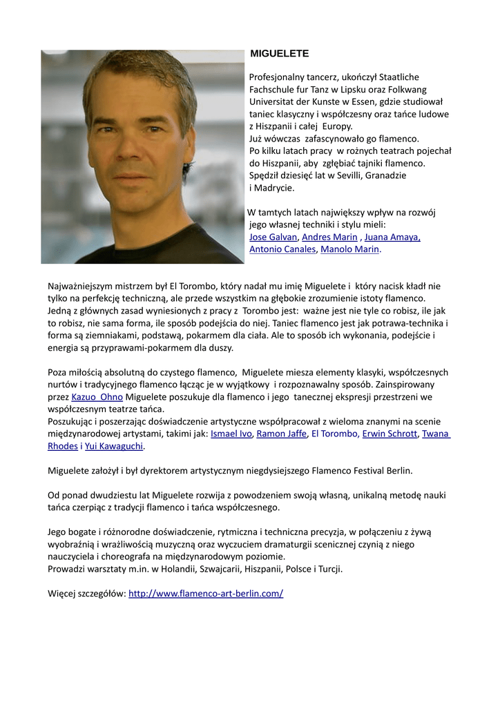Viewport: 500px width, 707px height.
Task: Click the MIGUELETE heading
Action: coord(279,53)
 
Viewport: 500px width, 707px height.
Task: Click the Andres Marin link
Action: coord(329,237)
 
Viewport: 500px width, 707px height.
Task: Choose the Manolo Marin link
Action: coord(350,249)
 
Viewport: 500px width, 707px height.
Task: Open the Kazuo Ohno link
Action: coord(97,397)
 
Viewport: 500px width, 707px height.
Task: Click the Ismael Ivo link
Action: coord(231,434)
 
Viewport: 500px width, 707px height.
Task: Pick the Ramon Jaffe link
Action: coord(281,434)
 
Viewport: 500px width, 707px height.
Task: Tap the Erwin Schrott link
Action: coord(390,434)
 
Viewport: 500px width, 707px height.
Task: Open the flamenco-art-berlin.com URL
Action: coord(206,593)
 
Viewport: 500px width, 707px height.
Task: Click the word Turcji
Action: coord(328,569)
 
